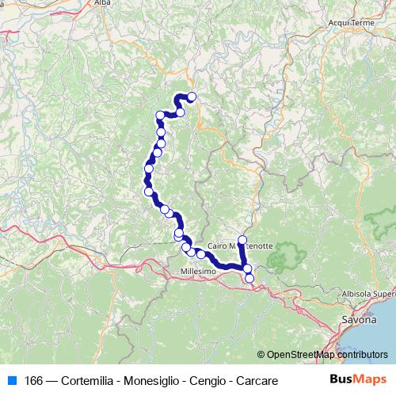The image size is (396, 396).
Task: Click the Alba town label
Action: click(102, 3)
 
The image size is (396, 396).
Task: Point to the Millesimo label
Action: click(198, 272)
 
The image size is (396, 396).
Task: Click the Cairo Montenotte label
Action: click(245, 246)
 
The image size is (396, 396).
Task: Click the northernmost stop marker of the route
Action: click(192, 97)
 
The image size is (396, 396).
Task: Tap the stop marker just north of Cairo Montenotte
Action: click(242, 239)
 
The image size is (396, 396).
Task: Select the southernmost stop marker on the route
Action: click(249, 278)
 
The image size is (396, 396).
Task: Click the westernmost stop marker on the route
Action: click(147, 168)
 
